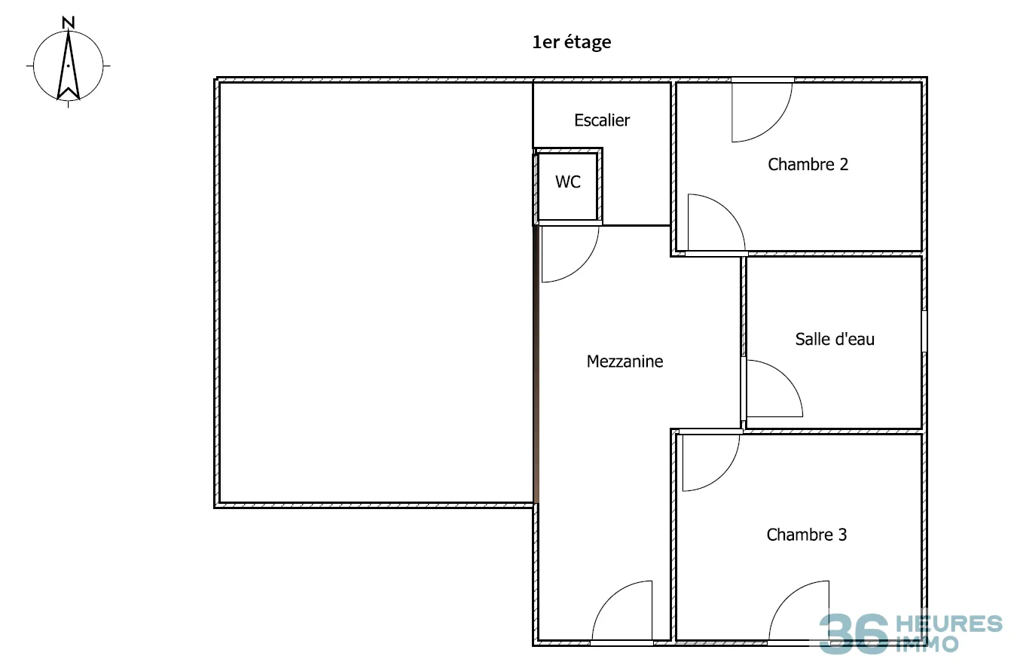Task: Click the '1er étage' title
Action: click(x=572, y=42)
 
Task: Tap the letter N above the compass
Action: click(x=69, y=23)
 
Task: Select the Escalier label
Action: click(x=601, y=120)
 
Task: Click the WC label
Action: click(x=568, y=181)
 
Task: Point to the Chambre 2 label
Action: click(x=808, y=164)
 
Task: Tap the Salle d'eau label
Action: click(x=835, y=339)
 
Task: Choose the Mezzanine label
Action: click(x=625, y=361)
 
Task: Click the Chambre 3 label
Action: click(x=807, y=535)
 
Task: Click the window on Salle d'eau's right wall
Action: click(x=924, y=331)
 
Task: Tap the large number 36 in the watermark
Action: click(x=854, y=633)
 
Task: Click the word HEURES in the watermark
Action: click(x=949, y=624)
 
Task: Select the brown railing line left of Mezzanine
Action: click(x=536, y=365)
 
